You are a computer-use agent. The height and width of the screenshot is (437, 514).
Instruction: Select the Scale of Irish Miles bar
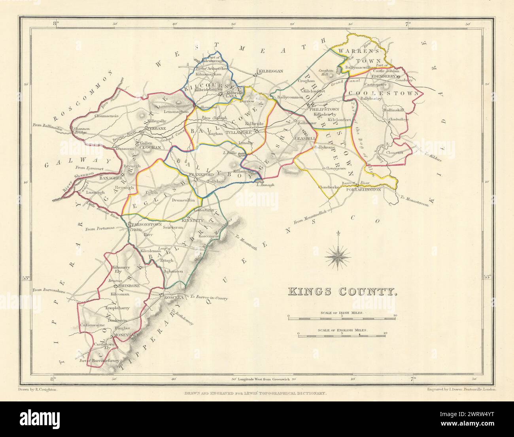(342, 317)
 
